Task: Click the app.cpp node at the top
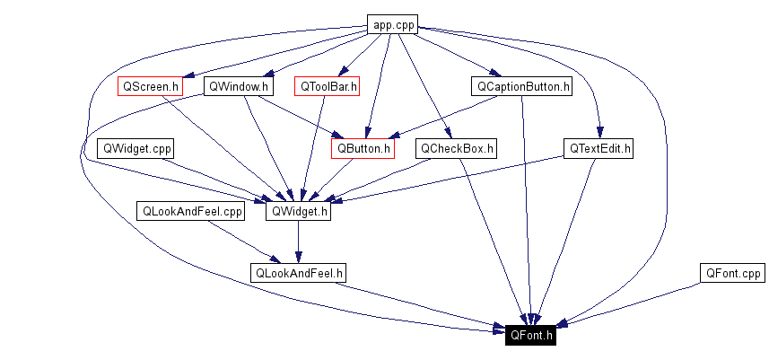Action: tap(393, 25)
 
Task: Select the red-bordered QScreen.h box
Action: tap(150, 87)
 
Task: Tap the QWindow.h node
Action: tap(237, 87)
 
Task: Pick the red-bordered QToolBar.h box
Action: tap(328, 87)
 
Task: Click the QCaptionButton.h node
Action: tap(521, 87)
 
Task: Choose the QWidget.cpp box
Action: tap(137, 148)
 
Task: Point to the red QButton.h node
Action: tap(363, 148)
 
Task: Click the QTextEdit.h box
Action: tap(599, 148)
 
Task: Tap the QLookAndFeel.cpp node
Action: tap(190, 212)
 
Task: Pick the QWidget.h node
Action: tap(299, 212)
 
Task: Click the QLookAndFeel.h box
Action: tap(300, 272)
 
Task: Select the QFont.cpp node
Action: tap(732, 272)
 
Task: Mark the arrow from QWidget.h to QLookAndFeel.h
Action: tap(299, 241)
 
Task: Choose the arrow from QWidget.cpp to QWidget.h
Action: tap(215, 179)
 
